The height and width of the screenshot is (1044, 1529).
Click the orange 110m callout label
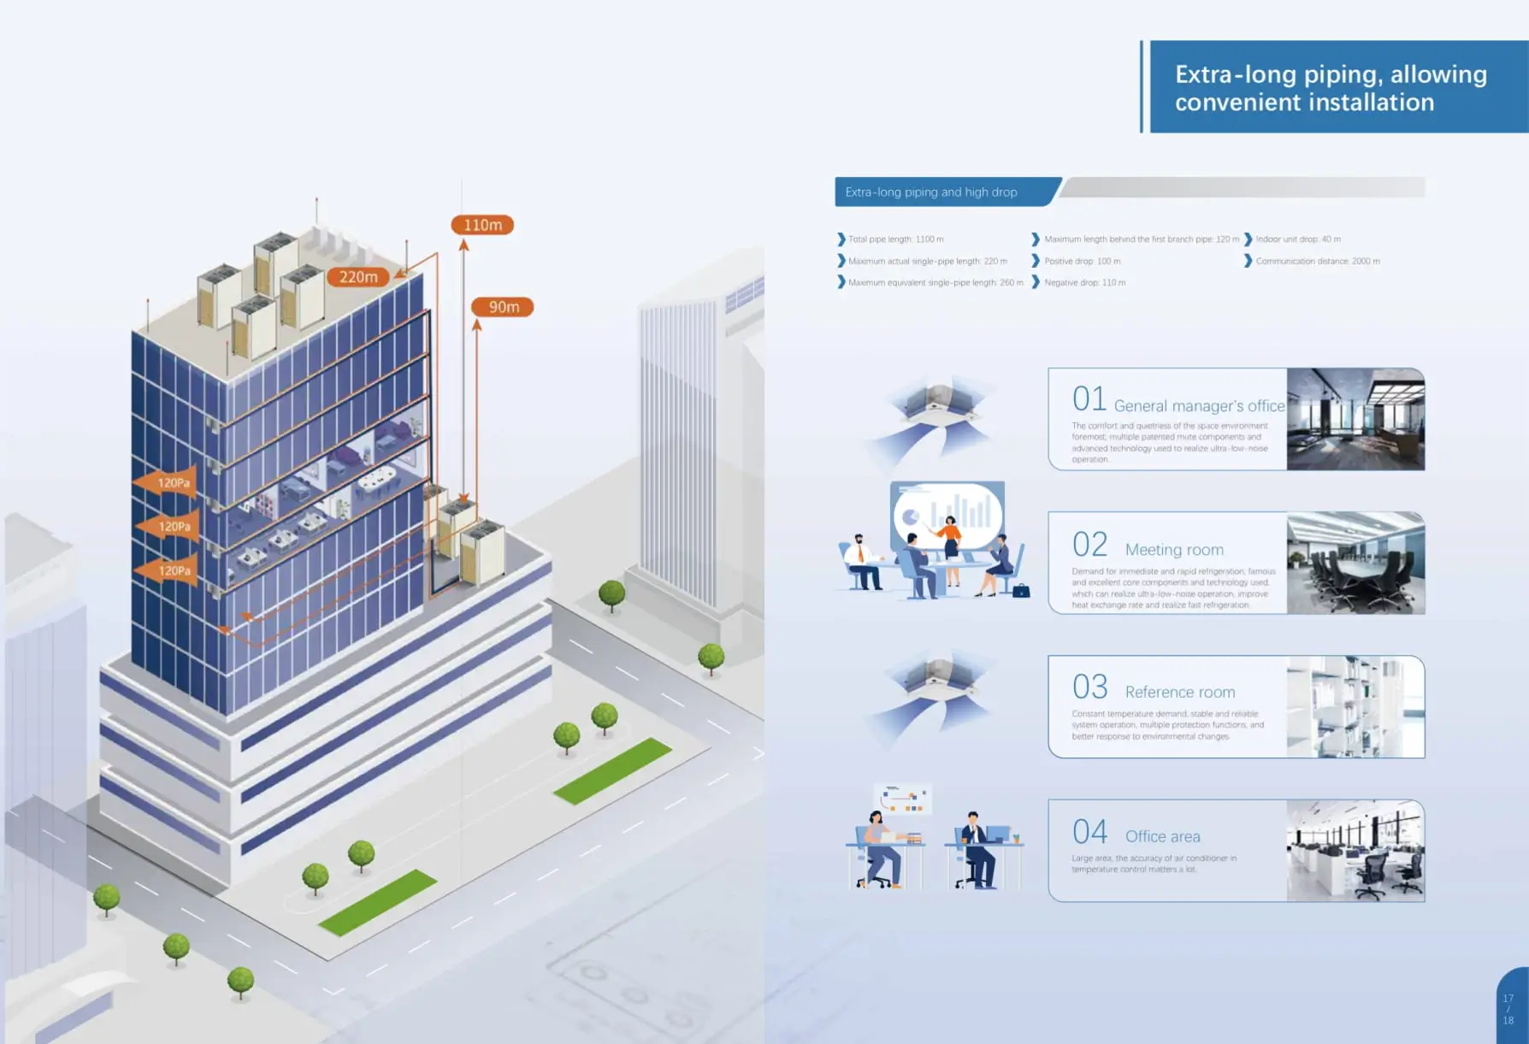(482, 225)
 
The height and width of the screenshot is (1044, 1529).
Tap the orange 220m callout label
(358, 277)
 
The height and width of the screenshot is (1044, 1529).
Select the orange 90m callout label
(503, 307)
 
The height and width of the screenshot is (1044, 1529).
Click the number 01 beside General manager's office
(1089, 399)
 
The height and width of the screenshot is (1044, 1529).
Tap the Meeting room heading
(1174, 550)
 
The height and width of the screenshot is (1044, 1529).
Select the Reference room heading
(1180, 692)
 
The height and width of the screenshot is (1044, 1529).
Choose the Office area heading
(1162, 836)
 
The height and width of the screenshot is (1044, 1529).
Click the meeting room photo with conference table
(1355, 563)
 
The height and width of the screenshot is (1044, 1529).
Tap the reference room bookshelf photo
(1355, 706)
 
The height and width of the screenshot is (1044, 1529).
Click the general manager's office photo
(1355, 419)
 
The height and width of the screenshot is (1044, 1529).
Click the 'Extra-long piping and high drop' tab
(931, 192)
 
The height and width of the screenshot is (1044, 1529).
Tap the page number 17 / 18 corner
(1508, 1010)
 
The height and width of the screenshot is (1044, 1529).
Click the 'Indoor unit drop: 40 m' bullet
(1297, 239)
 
